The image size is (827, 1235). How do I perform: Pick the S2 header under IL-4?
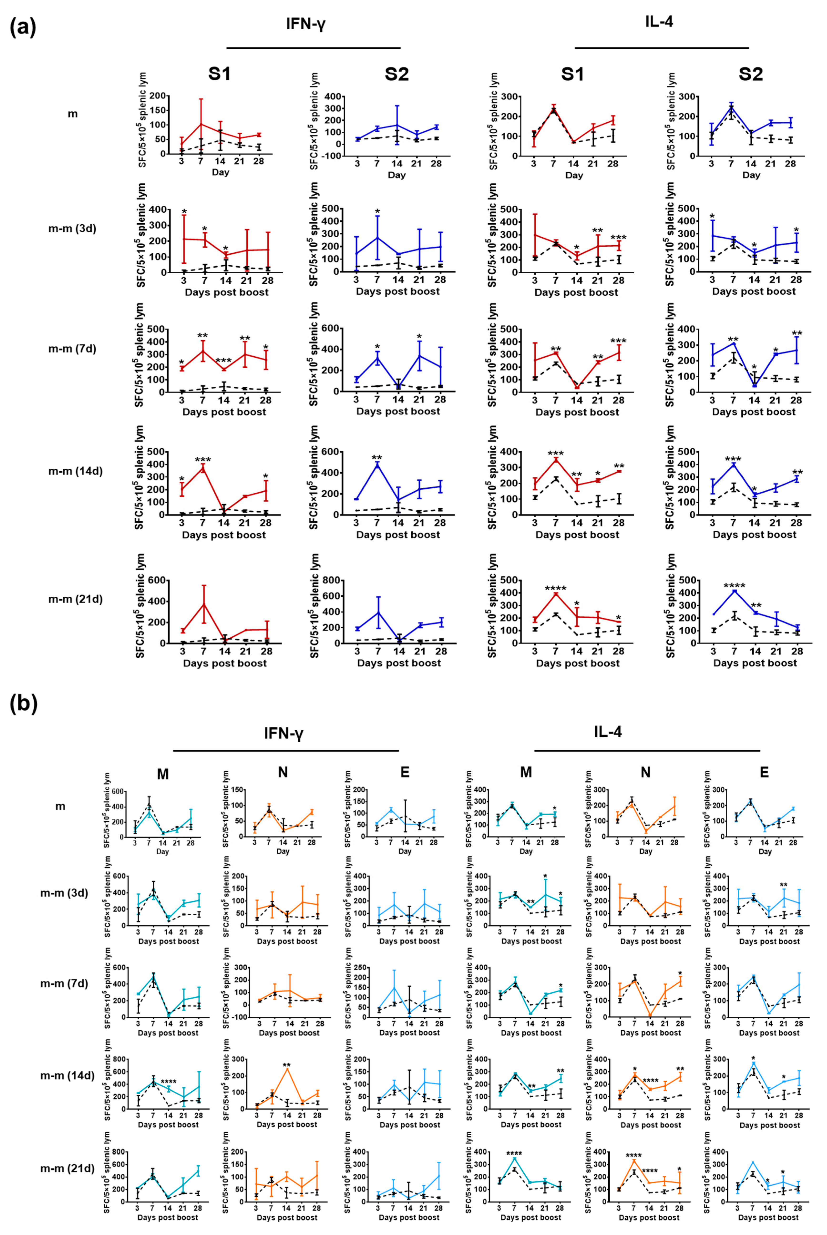tap(750, 74)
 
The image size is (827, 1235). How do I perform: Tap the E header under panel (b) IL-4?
tap(764, 773)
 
